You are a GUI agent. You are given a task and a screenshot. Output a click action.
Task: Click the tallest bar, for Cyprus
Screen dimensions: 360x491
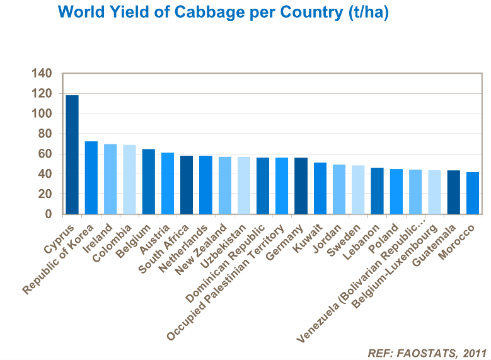pos(72,154)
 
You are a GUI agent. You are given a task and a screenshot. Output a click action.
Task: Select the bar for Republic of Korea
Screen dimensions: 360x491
pos(91,178)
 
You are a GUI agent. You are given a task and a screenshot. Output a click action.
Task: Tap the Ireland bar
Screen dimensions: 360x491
pos(110,179)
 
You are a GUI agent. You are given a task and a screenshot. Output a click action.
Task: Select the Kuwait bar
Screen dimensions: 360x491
pos(320,189)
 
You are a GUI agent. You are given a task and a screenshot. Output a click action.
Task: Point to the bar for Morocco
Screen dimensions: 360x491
pos(473,193)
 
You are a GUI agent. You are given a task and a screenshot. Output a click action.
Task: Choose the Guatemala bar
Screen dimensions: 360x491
pos(454,192)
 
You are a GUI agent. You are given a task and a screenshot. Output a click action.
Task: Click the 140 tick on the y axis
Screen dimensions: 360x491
pos(41,74)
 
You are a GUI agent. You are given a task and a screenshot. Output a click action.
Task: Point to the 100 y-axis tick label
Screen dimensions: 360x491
pos(41,114)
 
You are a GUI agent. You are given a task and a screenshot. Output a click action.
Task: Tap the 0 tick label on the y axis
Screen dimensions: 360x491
pos(48,214)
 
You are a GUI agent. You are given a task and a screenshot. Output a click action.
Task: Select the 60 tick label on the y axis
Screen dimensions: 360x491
pos(43,154)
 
